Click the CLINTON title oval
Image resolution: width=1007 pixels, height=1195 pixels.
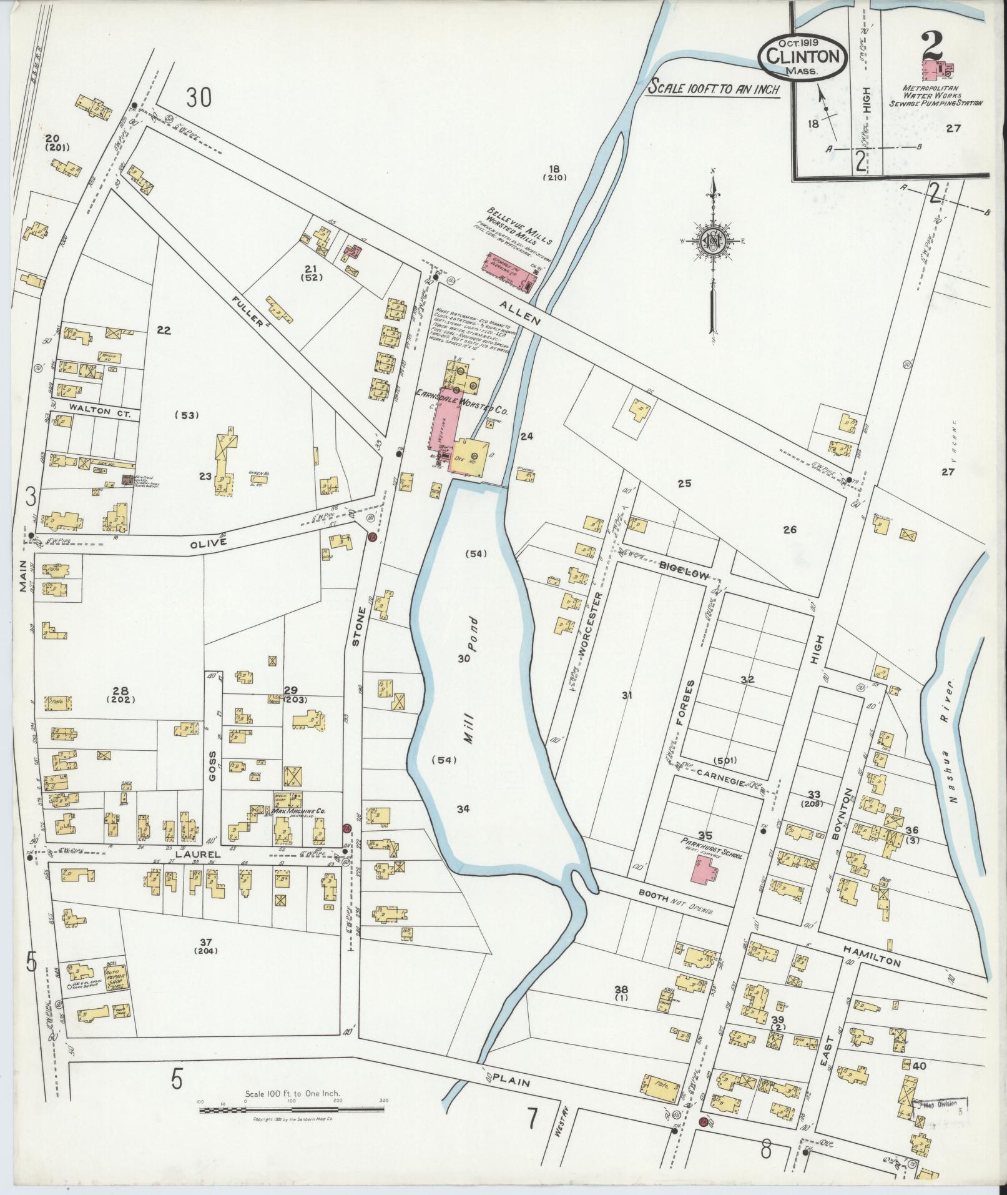802,56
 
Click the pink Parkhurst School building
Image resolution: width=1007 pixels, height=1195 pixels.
704,878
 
